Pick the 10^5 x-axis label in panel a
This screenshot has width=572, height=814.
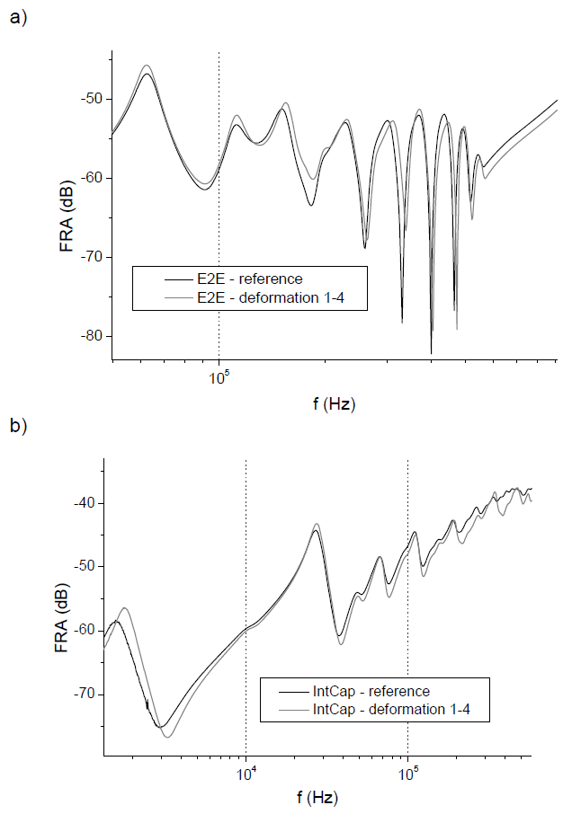click(219, 378)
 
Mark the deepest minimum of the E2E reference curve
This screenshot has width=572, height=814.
click(431, 353)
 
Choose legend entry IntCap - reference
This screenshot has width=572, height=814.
click(371, 692)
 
